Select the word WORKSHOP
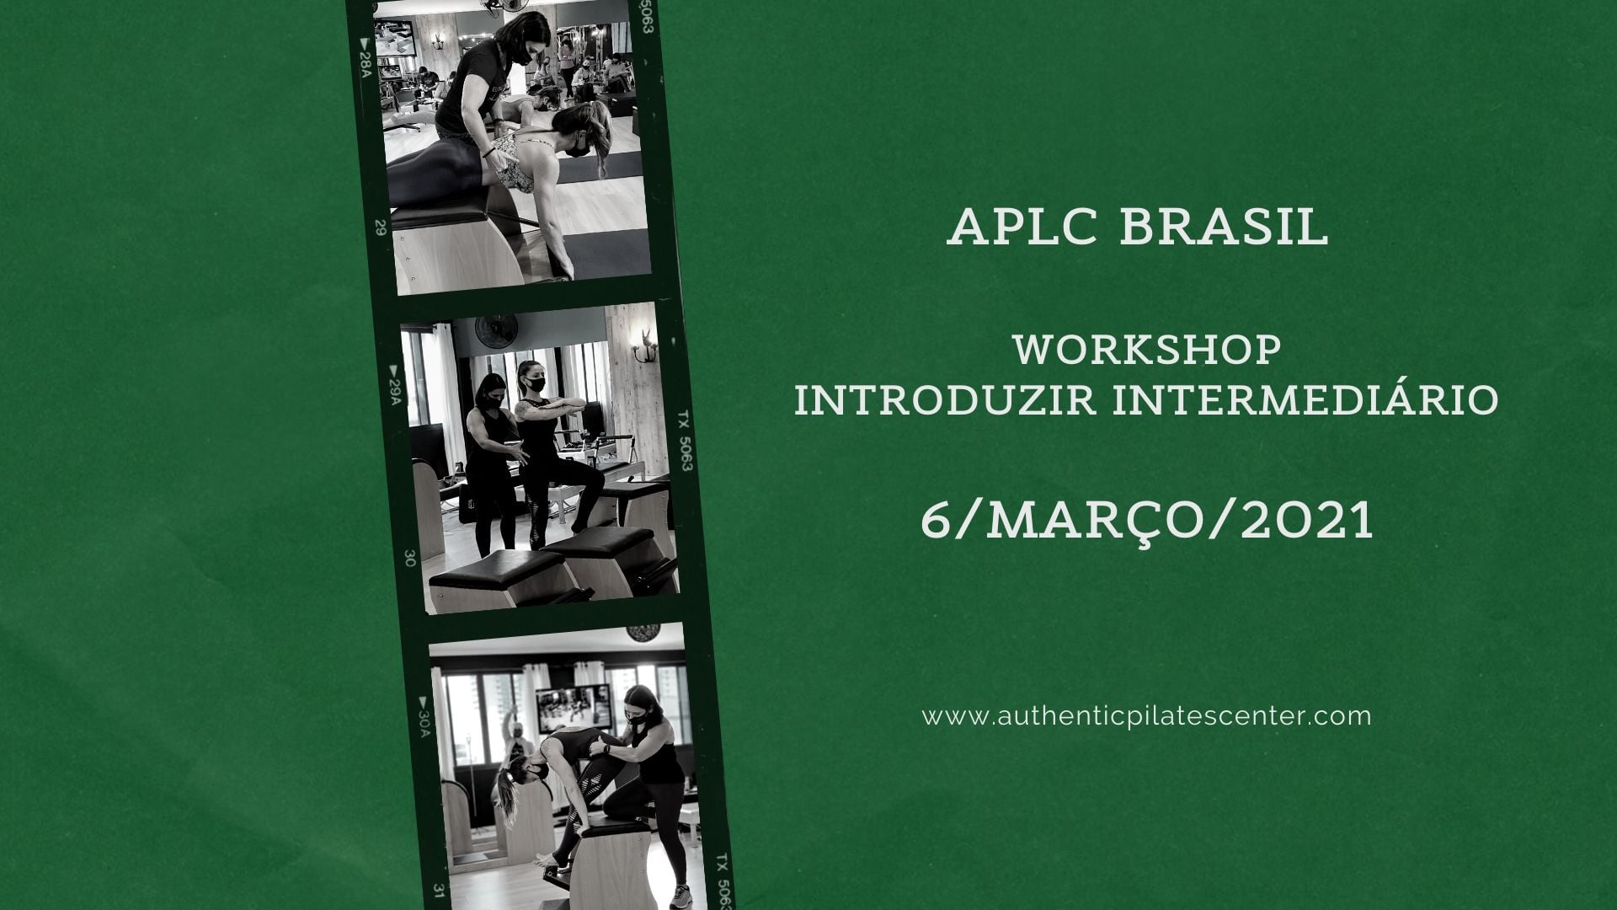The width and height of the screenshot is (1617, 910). (1148, 350)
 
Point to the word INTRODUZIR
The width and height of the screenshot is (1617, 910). (945, 399)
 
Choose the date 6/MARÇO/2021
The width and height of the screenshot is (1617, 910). (1147, 520)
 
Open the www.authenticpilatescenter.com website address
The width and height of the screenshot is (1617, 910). (1147, 717)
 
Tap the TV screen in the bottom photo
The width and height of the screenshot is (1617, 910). (579, 709)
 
